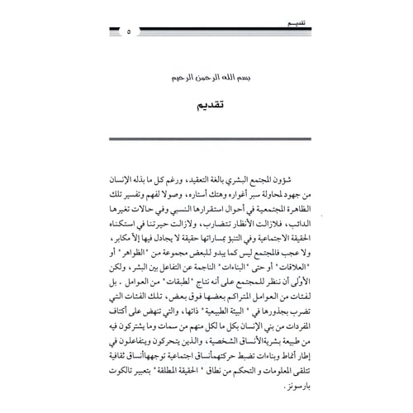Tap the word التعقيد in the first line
coord(192,179)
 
